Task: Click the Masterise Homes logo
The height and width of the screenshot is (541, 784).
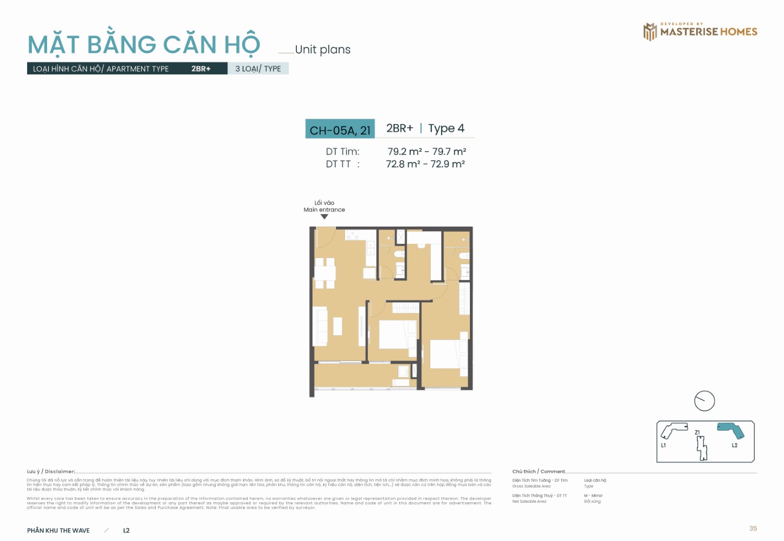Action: (x=700, y=31)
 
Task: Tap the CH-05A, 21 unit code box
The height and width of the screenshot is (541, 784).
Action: (x=340, y=130)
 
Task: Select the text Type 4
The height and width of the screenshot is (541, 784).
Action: (x=446, y=128)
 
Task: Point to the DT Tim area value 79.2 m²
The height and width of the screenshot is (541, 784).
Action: (x=405, y=152)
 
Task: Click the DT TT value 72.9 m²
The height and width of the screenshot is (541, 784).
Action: (x=447, y=164)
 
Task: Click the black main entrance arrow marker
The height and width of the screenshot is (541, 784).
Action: (x=324, y=217)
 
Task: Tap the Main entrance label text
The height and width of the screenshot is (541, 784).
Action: (x=324, y=210)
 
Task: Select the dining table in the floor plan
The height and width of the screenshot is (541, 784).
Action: (x=325, y=273)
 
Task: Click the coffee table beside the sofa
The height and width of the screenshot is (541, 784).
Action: (x=338, y=326)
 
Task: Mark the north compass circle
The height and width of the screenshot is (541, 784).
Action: (x=704, y=401)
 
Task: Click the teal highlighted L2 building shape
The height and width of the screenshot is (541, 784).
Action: (x=731, y=430)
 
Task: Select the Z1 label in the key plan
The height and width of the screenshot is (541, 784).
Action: (x=697, y=432)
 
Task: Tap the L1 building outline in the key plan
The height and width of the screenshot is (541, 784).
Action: (x=673, y=430)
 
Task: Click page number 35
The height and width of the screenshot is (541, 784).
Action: (x=753, y=528)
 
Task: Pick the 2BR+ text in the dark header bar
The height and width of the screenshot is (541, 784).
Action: (x=201, y=69)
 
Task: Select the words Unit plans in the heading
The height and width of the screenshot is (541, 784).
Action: (x=322, y=50)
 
